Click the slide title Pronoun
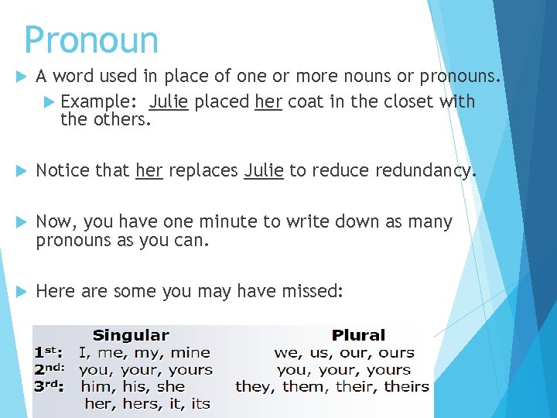(x=91, y=39)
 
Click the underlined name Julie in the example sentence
(x=169, y=101)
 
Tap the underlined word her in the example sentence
(x=267, y=101)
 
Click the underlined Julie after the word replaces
(x=264, y=170)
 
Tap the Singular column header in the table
(x=131, y=335)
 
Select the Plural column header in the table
(x=357, y=335)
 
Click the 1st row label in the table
(x=49, y=352)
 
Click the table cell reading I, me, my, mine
(x=145, y=352)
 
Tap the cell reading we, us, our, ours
(x=343, y=352)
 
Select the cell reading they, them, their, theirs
(x=332, y=386)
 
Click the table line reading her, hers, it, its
(x=147, y=403)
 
